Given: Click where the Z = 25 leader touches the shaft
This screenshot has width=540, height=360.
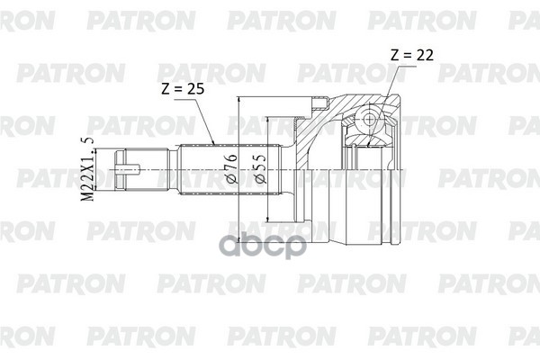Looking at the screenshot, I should [212, 144].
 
